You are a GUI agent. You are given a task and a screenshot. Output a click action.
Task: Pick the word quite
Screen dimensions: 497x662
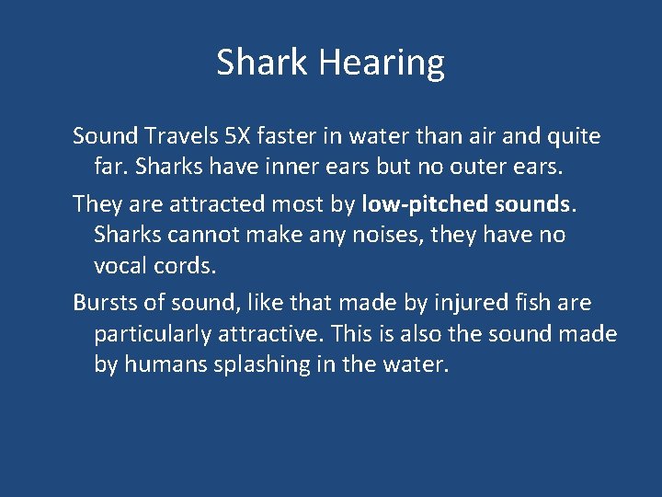(574, 137)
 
